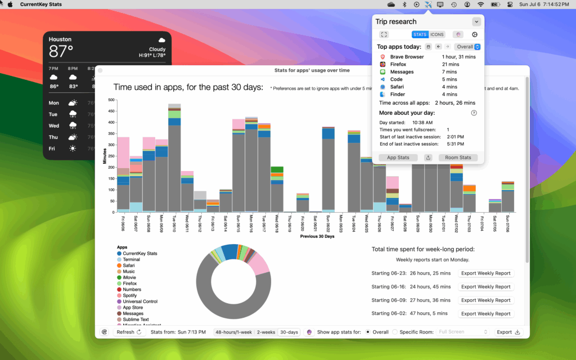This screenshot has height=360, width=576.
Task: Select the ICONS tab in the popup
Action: pos(437,34)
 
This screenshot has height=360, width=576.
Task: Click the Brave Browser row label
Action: pos(407,57)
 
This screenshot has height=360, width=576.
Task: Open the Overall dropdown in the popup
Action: pos(468,47)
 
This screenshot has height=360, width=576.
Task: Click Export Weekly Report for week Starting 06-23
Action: pos(485,273)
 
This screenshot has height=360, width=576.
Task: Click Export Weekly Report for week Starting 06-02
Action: pos(485,314)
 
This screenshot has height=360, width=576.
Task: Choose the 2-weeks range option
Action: pos(266,332)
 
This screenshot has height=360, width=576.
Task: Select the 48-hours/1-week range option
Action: pos(233,332)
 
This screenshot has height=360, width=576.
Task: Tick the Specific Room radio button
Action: pos(395,332)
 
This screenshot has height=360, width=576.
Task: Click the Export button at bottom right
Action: pos(508,332)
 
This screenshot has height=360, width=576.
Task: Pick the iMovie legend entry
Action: pos(129,277)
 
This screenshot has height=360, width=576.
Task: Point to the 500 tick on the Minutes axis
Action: pos(111,100)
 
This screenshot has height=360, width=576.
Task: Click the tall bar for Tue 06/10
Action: pos(174,163)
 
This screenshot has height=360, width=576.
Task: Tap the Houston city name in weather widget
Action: pos(60,39)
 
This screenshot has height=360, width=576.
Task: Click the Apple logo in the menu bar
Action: pos(10,4)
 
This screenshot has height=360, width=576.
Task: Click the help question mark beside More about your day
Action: pos(474,112)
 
